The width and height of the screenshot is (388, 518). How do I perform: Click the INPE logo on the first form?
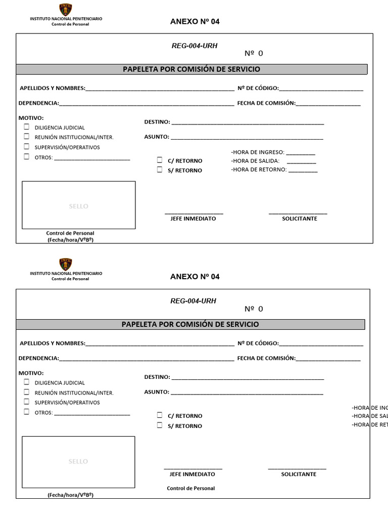pyautogui.click(x=66, y=10)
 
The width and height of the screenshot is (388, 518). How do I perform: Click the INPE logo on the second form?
pyautogui.click(x=66, y=265)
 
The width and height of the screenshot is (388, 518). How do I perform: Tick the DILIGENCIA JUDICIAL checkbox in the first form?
pyautogui.click(x=26, y=127)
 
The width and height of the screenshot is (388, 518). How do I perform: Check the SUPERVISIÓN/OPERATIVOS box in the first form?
pyautogui.click(x=26, y=147)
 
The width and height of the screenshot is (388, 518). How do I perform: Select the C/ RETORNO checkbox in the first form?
pyautogui.click(x=160, y=160)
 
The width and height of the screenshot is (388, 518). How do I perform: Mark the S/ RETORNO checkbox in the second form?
pyautogui.click(x=160, y=425)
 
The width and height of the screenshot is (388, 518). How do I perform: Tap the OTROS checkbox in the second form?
pyautogui.click(x=26, y=412)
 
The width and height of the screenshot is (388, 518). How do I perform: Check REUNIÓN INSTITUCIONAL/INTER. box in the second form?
pyautogui.click(x=26, y=392)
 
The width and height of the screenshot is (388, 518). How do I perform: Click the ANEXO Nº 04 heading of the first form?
pyautogui.click(x=195, y=22)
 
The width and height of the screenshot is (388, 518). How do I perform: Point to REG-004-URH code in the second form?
pyautogui.click(x=193, y=301)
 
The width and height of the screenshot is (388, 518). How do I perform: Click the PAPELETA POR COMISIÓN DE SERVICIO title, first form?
pyautogui.click(x=191, y=69)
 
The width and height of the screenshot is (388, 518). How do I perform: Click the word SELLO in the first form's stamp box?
pyautogui.click(x=78, y=206)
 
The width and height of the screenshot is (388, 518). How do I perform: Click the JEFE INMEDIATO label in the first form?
pyautogui.click(x=193, y=219)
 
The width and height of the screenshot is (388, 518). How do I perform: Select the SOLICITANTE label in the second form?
pyautogui.click(x=299, y=474)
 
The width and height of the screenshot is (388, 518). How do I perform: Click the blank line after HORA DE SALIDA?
pyautogui.click(x=301, y=162)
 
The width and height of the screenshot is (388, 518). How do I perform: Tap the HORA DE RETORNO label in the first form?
pyautogui.click(x=259, y=170)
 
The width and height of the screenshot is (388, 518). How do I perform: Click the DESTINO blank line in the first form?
pyautogui.click(x=247, y=123)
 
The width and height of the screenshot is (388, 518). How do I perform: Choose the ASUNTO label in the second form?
pyautogui.click(x=156, y=392)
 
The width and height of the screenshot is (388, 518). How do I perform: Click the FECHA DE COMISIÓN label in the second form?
pyautogui.click(x=266, y=358)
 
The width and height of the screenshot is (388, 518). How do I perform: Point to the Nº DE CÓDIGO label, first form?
pyautogui.click(x=258, y=88)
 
